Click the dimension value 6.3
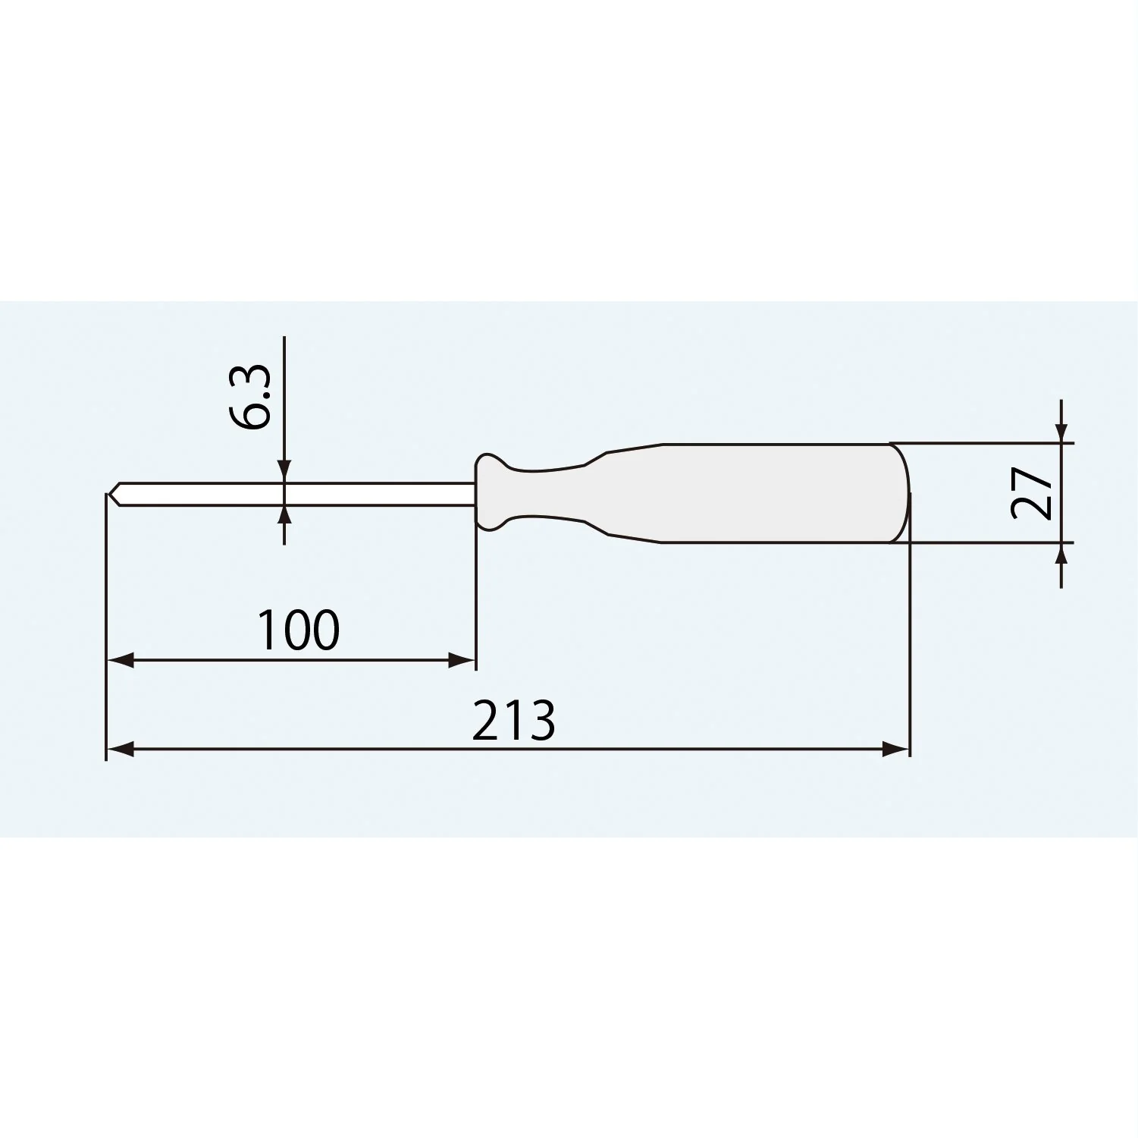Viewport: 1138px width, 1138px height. point(249,397)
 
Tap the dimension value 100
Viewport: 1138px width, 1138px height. point(299,630)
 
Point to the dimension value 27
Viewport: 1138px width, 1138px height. point(1033,492)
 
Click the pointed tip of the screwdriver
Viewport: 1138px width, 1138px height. point(108,494)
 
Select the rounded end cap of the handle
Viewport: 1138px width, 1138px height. point(900,493)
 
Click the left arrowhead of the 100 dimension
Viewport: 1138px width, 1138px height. point(120,660)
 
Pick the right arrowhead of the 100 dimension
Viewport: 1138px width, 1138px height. point(462,660)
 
